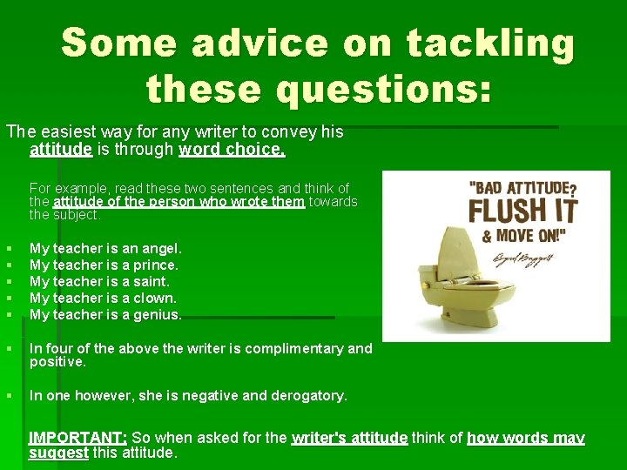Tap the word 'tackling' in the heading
pyautogui.click(x=492, y=44)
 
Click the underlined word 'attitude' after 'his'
pyautogui.click(x=61, y=149)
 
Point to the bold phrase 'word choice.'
pyautogui.click(x=232, y=149)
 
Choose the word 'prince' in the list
pyautogui.click(x=157, y=265)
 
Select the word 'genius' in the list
pyautogui.click(x=158, y=314)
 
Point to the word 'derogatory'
pyautogui.click(x=309, y=395)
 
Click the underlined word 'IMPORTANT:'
pyautogui.click(x=78, y=438)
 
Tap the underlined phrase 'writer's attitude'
pyautogui.click(x=350, y=438)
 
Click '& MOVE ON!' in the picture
pyautogui.click(x=520, y=236)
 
